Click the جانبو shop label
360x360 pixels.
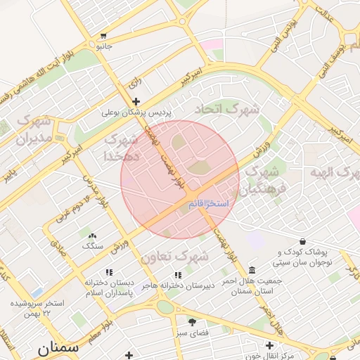104,46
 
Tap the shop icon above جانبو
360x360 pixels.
104,36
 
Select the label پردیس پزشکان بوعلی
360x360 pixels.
136,112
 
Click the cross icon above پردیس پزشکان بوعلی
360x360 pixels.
136,102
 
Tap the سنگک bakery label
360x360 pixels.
93,246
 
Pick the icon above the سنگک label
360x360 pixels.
93,236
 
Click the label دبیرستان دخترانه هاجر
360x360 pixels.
177,285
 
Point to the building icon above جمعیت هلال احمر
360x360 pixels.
252,271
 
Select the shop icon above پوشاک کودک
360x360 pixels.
303,242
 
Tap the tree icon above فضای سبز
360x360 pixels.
191,322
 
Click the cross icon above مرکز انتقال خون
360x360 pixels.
269,345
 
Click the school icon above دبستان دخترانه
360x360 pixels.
108,272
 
